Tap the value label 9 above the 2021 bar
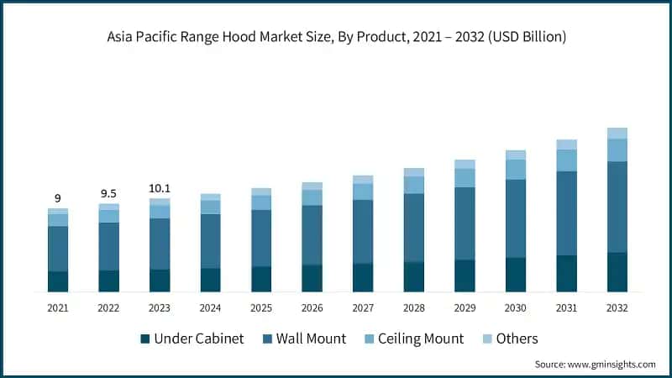click(58, 198)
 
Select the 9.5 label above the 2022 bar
click(108, 193)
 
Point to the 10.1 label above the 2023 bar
click(160, 188)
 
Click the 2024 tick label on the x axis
click(210, 308)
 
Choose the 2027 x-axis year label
click(363, 308)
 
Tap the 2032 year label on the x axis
click(617, 308)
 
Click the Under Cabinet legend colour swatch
click(145, 339)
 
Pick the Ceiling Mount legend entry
click(420, 339)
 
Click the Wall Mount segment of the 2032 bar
click(617, 207)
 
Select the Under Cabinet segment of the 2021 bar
click(58, 281)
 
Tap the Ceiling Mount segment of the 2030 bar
click(516, 170)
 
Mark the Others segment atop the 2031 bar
click(567, 144)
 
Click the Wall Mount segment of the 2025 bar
click(261, 238)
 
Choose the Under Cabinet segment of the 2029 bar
click(465, 276)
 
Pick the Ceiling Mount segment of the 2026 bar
click(312, 197)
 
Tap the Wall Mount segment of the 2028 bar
click(414, 228)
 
